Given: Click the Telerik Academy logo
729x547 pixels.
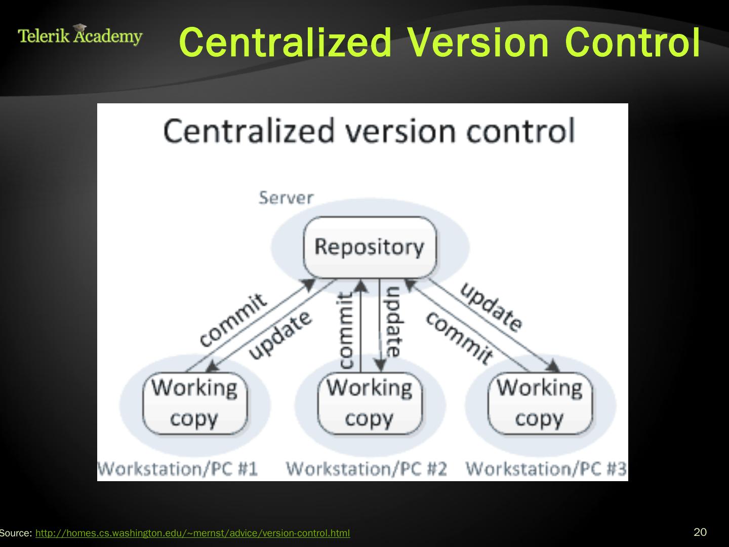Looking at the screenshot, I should (x=80, y=35).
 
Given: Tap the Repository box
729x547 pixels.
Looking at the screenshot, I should (x=369, y=247).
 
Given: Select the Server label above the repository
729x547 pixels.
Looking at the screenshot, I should (x=286, y=198).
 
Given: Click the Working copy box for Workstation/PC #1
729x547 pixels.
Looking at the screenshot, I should (x=194, y=404).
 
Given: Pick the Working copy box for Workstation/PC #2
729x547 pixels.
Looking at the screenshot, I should (x=369, y=404).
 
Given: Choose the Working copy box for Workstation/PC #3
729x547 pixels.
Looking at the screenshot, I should (x=539, y=404).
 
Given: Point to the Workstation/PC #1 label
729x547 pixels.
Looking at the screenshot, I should (x=178, y=468).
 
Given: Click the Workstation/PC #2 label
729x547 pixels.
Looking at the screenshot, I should (x=367, y=468).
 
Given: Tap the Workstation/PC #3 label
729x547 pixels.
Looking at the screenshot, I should (x=546, y=468).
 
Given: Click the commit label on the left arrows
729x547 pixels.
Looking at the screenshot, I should (x=232, y=320).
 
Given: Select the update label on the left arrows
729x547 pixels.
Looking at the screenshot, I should (x=279, y=336).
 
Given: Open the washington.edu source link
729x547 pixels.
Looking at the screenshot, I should (x=192, y=533).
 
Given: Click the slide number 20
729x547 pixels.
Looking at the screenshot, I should (x=700, y=532).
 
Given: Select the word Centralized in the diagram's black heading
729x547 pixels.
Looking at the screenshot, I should (x=249, y=131).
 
